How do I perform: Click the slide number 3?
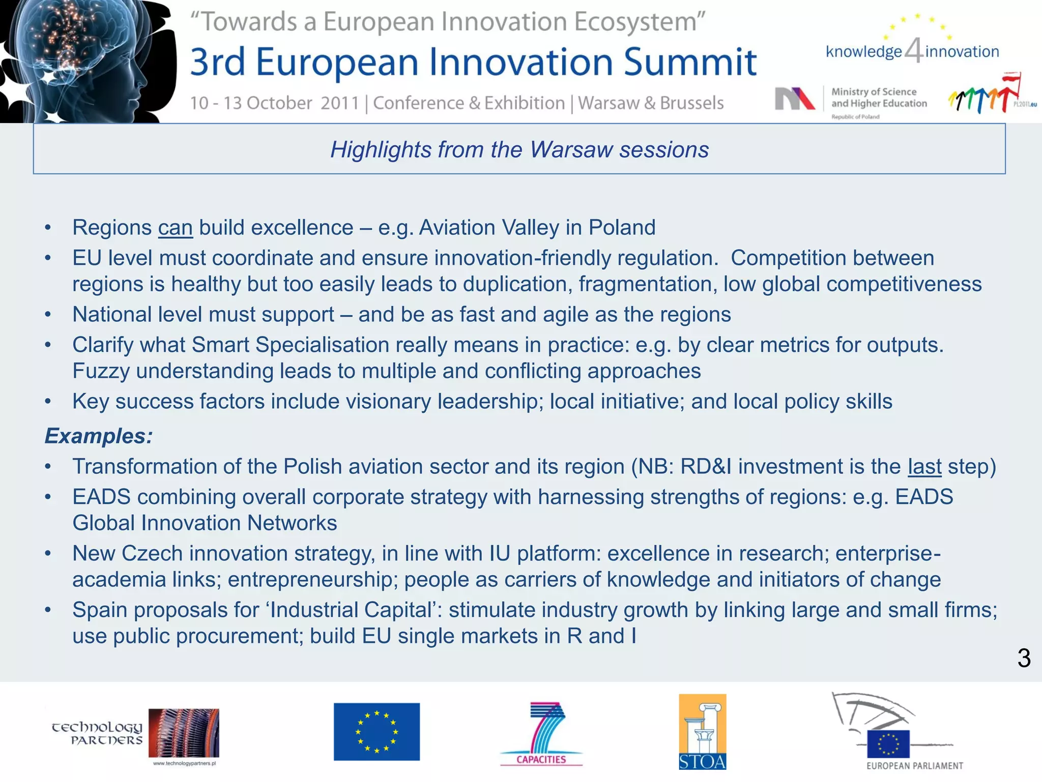1024,658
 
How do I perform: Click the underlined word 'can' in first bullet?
175,228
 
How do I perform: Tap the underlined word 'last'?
924,467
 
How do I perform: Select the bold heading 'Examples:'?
99,436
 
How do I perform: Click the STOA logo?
702,732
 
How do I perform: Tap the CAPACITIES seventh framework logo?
541,734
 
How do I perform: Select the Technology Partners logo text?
97,733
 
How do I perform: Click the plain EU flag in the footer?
377,732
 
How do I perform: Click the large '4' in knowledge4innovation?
914,50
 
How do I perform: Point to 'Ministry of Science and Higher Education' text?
879,98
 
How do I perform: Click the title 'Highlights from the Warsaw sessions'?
519,150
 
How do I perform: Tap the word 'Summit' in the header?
690,62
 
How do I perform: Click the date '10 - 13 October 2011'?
275,103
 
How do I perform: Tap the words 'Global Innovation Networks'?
205,523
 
